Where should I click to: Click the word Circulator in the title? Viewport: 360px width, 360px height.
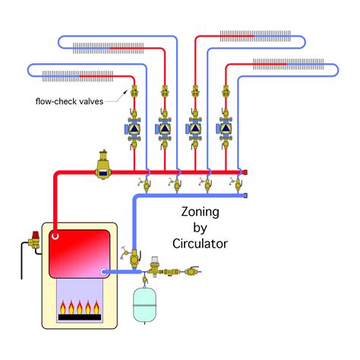(x=200, y=244)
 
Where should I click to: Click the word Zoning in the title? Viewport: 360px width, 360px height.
(x=200, y=212)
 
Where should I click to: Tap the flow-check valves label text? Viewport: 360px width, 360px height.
(x=69, y=101)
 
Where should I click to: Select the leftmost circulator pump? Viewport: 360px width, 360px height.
(x=133, y=129)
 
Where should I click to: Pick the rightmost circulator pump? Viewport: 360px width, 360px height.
(x=225, y=129)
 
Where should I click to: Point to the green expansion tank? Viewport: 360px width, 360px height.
(x=144, y=305)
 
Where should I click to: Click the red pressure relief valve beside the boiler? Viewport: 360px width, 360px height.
(x=35, y=240)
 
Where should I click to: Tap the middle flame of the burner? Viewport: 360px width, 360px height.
(x=80, y=307)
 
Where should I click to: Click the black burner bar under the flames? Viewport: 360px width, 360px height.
(x=80, y=317)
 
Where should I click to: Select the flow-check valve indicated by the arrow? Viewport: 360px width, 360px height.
(x=134, y=91)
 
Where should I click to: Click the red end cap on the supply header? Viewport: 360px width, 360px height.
(x=245, y=172)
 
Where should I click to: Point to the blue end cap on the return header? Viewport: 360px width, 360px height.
(x=245, y=195)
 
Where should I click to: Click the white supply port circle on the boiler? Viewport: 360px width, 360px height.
(x=55, y=236)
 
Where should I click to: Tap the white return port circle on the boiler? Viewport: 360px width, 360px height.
(x=103, y=272)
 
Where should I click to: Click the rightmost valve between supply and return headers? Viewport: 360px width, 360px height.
(x=237, y=185)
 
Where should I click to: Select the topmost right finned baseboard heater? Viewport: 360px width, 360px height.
(x=255, y=36)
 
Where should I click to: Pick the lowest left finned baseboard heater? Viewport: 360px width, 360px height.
(x=77, y=76)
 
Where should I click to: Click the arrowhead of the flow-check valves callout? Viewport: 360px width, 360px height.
(x=125, y=91)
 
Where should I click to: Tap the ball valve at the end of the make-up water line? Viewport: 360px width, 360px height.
(x=192, y=271)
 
